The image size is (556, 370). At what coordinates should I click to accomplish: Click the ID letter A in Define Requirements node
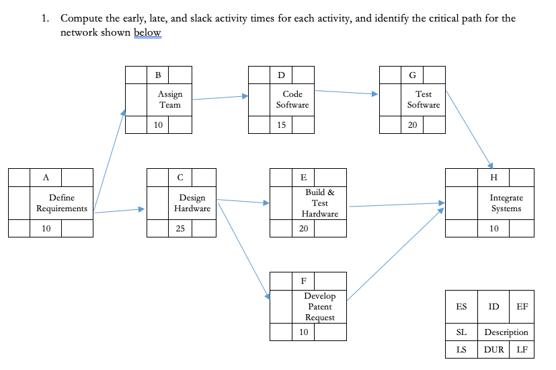(x=46, y=178)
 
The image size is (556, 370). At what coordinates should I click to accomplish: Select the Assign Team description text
(x=169, y=100)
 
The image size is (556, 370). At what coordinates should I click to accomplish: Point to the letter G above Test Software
(x=411, y=74)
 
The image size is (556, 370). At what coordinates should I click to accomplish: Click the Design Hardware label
(x=192, y=203)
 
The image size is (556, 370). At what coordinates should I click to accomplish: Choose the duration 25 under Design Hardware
(x=180, y=229)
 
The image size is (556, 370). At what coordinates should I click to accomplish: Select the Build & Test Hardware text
(x=319, y=203)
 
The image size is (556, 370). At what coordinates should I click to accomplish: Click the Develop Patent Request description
(x=319, y=307)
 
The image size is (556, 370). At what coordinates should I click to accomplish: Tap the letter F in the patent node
(x=303, y=281)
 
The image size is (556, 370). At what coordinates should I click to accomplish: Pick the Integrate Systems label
(x=506, y=203)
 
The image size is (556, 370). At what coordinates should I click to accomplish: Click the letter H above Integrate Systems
(x=494, y=178)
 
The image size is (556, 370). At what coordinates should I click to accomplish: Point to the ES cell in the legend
(x=461, y=307)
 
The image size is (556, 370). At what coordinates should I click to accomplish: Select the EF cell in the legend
(x=522, y=307)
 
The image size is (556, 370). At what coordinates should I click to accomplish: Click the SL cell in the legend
(x=461, y=332)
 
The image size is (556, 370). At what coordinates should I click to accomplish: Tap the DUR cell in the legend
(x=494, y=350)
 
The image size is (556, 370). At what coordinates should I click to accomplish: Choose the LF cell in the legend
(x=522, y=350)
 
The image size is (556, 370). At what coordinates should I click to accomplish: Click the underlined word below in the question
(x=147, y=32)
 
